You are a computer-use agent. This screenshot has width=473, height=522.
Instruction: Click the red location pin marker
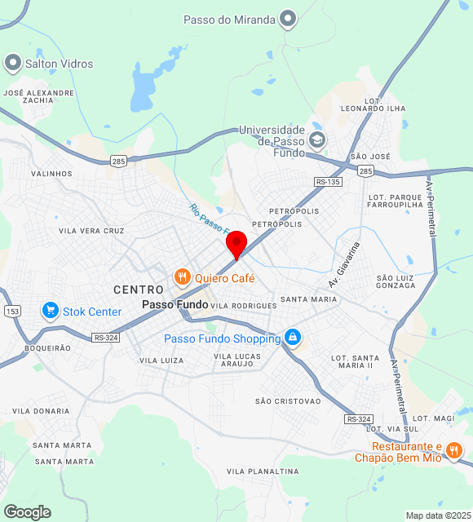(236, 244)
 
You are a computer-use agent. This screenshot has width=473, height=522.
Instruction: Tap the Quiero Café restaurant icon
(182, 277)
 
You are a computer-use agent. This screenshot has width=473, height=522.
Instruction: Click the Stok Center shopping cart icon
(51, 311)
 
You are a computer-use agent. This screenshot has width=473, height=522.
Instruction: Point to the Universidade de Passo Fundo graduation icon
(317, 139)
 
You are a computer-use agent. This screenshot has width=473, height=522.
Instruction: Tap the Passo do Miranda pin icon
(287, 18)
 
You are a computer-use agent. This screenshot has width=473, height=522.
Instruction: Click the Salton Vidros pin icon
(13, 62)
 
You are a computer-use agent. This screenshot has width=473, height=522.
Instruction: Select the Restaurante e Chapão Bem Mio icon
(454, 449)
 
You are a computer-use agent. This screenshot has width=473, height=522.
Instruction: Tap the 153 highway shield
(12, 311)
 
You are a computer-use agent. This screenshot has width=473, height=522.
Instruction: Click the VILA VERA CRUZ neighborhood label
(91, 231)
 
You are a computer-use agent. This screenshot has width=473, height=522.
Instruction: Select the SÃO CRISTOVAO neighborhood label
(288, 400)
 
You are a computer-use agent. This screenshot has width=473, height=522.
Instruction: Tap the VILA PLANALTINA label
(259, 471)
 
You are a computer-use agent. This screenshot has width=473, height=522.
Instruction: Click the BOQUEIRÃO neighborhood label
(48, 347)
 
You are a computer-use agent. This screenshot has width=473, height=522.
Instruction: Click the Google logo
(27, 512)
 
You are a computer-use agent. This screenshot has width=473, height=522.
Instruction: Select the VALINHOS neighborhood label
(51, 174)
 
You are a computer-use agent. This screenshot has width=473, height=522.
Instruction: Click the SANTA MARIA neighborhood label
(308, 299)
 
